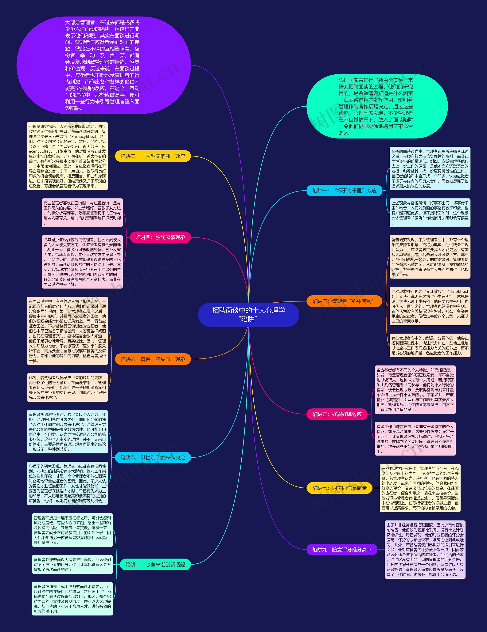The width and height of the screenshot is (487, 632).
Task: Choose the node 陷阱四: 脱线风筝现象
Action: (160, 237)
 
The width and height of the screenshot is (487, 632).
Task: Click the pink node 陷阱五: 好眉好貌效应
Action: (337, 414)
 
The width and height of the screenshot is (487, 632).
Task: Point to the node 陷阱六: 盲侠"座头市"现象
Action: (153, 359)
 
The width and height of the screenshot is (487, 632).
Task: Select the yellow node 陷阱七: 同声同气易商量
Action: (339, 488)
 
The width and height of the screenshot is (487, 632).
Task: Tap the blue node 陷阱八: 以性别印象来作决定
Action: (153, 457)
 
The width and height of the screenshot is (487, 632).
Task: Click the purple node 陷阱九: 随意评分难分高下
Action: (342, 550)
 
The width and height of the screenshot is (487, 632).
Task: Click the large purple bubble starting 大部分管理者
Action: (103, 65)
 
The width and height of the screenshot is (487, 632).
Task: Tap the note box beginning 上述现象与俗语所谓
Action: (430, 213)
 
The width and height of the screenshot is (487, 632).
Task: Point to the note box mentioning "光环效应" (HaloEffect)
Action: (430, 306)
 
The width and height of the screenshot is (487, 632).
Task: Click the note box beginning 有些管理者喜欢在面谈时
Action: (82, 213)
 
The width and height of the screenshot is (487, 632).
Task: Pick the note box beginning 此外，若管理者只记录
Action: (68, 388)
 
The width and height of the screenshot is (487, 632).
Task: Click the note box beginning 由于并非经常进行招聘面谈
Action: (425, 550)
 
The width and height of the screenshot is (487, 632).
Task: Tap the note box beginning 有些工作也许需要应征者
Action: (415, 439)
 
